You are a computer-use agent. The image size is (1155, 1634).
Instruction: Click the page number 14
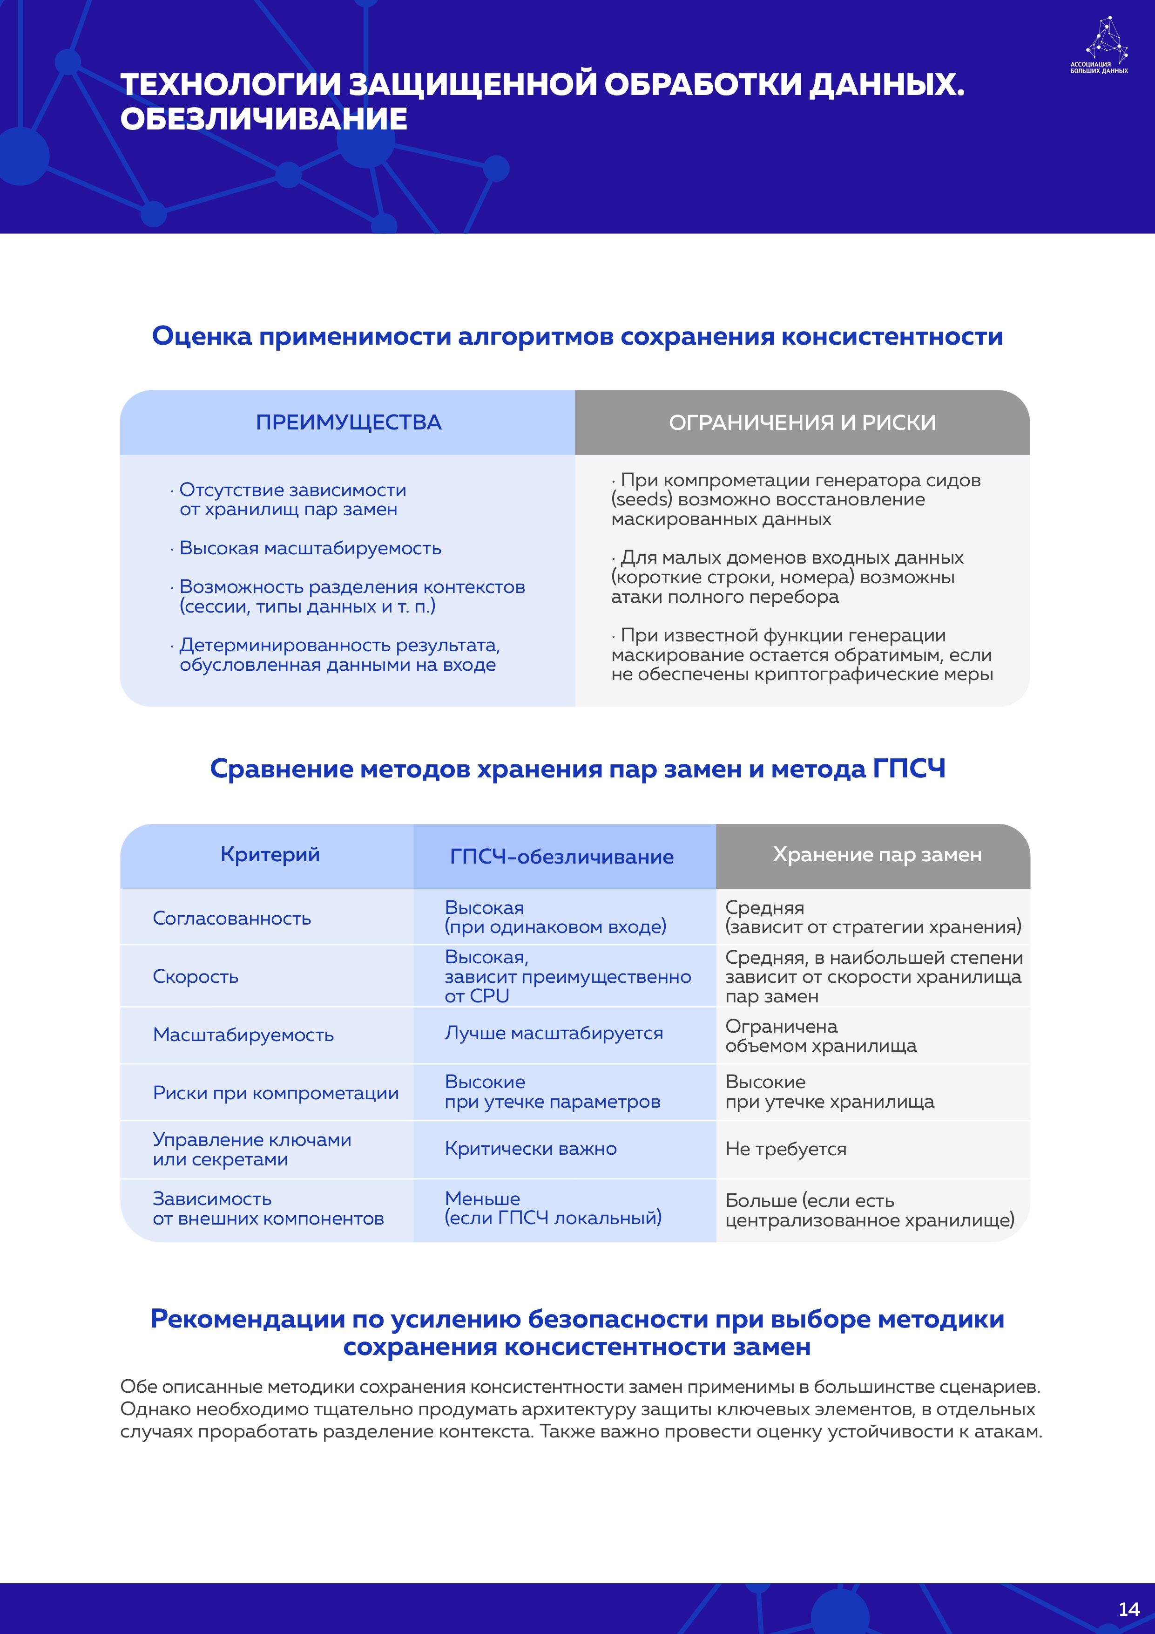coord(1128,1609)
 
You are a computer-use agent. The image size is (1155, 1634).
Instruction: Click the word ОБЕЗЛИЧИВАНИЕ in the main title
coord(264,119)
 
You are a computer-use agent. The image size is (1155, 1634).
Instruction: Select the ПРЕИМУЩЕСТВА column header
coord(349,423)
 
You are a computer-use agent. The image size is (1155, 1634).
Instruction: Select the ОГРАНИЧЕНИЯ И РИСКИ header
coord(802,423)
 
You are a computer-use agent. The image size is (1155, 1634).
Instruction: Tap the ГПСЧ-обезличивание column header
coord(561,857)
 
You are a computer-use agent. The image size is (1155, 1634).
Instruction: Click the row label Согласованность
coord(232,918)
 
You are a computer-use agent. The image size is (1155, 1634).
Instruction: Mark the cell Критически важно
coord(531,1149)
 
